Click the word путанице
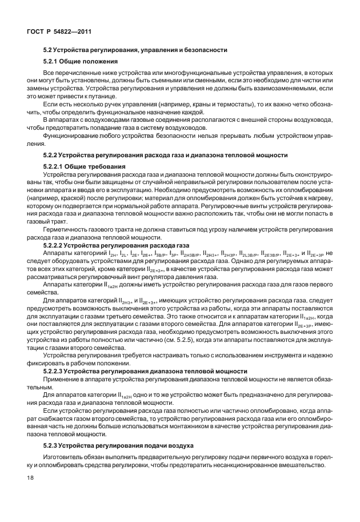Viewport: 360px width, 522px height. click(78, 98)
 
